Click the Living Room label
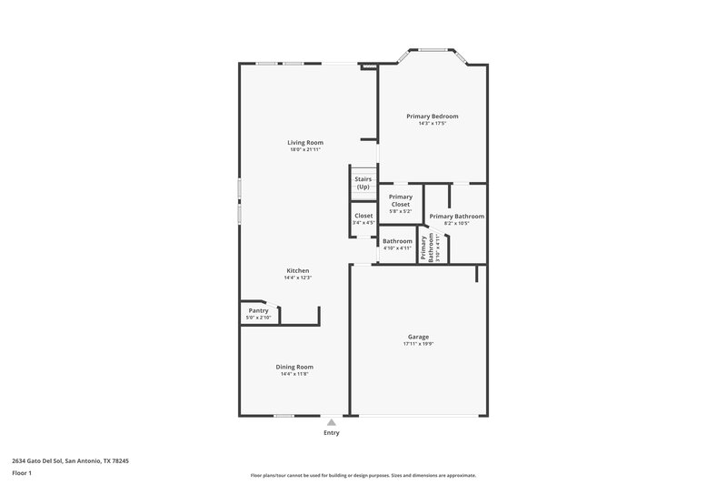305,142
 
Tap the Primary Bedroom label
433,116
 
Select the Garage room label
418,337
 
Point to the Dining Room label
294,367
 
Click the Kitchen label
298,270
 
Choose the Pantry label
258,310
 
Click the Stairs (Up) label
363,183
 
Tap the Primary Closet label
401,200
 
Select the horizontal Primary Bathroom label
456,217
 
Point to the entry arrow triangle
332,422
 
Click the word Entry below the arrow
332,432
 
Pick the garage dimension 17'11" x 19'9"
418,344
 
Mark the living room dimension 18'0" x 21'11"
305,149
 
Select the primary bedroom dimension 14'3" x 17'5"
433,124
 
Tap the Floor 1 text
23,473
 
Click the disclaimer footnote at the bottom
363,475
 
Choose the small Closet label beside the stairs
363,216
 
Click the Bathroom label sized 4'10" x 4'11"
396,241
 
